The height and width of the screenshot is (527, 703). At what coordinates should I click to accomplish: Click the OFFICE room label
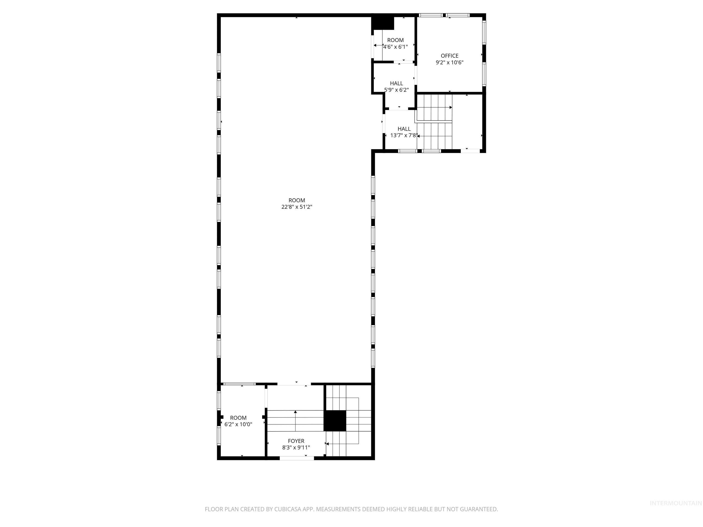point(449,56)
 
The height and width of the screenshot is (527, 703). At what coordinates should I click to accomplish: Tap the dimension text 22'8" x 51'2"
point(297,207)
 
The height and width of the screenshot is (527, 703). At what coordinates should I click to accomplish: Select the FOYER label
point(296,441)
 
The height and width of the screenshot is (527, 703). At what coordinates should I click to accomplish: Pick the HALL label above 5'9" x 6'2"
point(396,83)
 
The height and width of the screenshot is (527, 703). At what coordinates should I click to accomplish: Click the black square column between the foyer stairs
point(335,421)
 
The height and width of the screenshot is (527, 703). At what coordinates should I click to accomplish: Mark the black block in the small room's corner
point(383,23)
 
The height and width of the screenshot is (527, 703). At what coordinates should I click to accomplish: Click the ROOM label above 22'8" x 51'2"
point(297,200)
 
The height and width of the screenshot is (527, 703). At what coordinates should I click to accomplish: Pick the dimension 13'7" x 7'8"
point(404,136)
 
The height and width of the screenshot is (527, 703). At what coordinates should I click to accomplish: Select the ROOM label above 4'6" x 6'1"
point(395,40)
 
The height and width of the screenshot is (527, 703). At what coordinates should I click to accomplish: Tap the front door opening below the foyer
point(297,458)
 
